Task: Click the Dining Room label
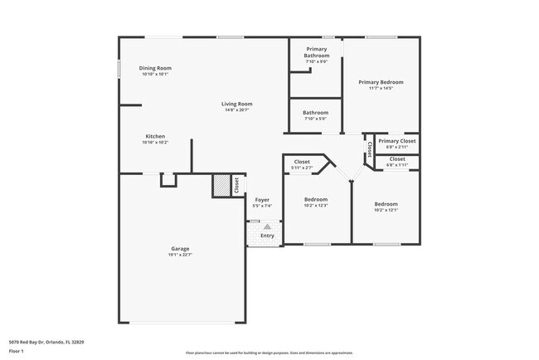click(155, 68)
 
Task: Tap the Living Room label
click(236, 104)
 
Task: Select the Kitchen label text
click(155, 136)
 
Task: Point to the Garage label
click(180, 249)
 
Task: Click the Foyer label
click(262, 200)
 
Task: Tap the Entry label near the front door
click(267, 236)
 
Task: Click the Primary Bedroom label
click(381, 82)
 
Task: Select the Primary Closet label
click(397, 141)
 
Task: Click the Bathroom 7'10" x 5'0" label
click(315, 113)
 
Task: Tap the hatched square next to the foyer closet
click(221, 186)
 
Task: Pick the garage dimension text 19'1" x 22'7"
click(180, 255)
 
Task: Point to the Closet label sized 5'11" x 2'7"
click(302, 163)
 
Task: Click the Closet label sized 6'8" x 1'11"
click(397, 158)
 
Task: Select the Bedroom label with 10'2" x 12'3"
click(315, 199)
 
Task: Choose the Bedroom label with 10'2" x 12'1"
click(386, 204)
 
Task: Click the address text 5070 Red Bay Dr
click(46, 341)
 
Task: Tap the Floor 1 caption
click(17, 352)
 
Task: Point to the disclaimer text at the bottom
click(269, 353)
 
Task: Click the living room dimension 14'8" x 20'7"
click(236, 109)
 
